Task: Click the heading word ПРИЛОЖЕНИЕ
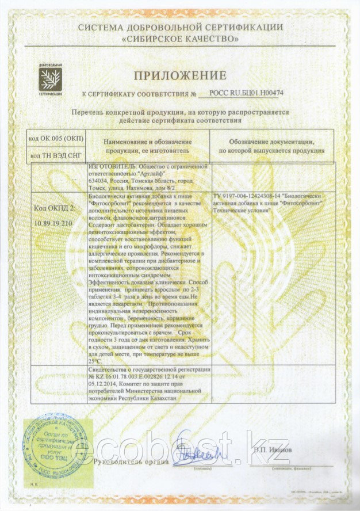point(180,75)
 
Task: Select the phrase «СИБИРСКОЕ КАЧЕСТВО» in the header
point(180,39)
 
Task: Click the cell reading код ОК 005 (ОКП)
point(56,139)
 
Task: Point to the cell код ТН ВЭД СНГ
point(56,155)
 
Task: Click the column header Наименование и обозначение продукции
point(148,146)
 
